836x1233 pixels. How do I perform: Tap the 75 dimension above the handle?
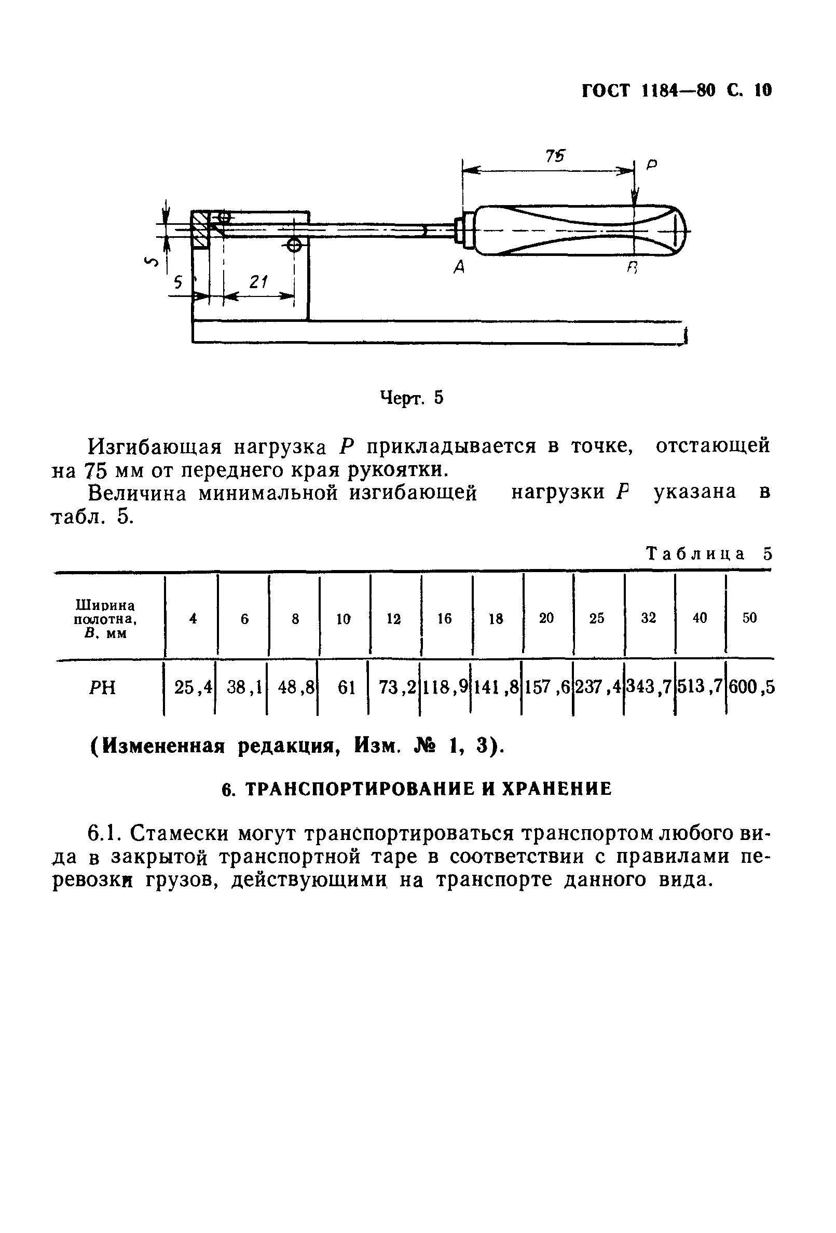click(x=555, y=156)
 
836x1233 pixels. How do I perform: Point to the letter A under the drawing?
click(x=459, y=268)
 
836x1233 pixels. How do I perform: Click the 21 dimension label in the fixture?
click(x=258, y=282)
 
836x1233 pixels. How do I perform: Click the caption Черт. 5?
click(x=411, y=397)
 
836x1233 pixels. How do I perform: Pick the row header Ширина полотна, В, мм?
click(x=105, y=619)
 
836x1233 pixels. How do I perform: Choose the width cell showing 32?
click(x=648, y=618)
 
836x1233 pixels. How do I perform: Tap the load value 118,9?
click(x=445, y=687)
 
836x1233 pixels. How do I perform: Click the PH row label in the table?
click(x=102, y=688)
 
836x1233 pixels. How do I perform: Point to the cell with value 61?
click(x=346, y=687)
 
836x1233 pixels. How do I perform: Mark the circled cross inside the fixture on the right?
click(x=293, y=245)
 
